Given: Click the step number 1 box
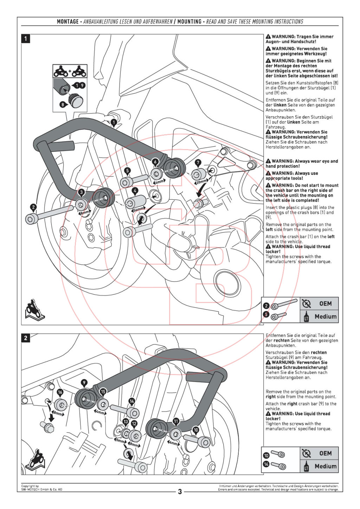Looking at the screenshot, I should click(26, 38).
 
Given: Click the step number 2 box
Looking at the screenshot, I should click(26, 338).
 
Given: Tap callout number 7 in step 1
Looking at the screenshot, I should click(198, 163).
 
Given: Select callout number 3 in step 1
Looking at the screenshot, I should click(82, 192).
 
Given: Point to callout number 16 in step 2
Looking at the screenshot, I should click(60, 392).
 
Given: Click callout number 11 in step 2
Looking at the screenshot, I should click(176, 421).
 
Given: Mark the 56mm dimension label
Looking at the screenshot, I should click(139, 210).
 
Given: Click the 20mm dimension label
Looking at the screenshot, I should click(201, 182).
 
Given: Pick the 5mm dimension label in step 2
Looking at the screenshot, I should click(120, 440).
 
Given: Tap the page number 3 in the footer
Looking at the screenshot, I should click(180, 491).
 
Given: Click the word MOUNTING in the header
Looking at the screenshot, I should click(189, 22).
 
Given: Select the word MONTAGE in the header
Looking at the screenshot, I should click(68, 22).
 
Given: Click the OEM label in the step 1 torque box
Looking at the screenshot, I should click(325, 304).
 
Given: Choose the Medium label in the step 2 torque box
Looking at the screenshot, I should click(325, 466).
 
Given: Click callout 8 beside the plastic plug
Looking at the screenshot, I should click(63, 104).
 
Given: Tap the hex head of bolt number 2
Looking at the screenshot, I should click(31, 219).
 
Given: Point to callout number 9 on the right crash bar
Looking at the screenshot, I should click(84, 383).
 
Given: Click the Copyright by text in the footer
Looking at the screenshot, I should click(30, 486).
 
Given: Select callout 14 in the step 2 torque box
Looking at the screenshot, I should click(266, 464).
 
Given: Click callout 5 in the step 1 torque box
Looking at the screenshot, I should click(266, 314).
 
